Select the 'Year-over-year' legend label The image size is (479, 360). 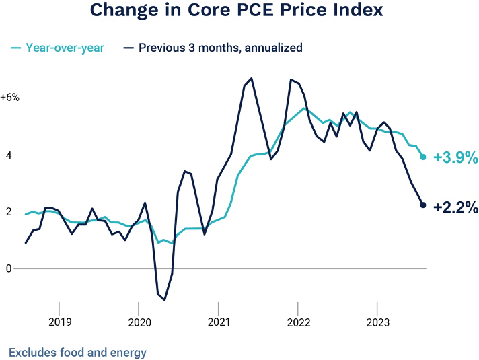tap(65, 48)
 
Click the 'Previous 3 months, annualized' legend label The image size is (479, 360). tap(221, 48)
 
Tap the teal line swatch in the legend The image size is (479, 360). tap(16, 48)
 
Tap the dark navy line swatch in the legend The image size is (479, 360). tap(129, 48)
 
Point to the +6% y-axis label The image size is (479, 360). tap(10, 98)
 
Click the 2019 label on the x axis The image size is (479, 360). tap(59, 322)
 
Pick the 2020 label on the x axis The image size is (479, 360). tap(139, 322)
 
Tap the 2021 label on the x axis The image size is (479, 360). tap(219, 322)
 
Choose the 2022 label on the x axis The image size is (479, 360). tap(298, 322)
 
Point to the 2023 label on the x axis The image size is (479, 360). tap(377, 322)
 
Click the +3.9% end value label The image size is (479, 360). tap(455, 158)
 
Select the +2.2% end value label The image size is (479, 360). tap(455, 208)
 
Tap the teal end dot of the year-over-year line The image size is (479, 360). tap(423, 157)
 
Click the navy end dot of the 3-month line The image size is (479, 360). tap(423, 205)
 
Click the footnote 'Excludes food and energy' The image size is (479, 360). tap(77, 352)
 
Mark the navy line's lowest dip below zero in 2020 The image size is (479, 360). tap(164, 300)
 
